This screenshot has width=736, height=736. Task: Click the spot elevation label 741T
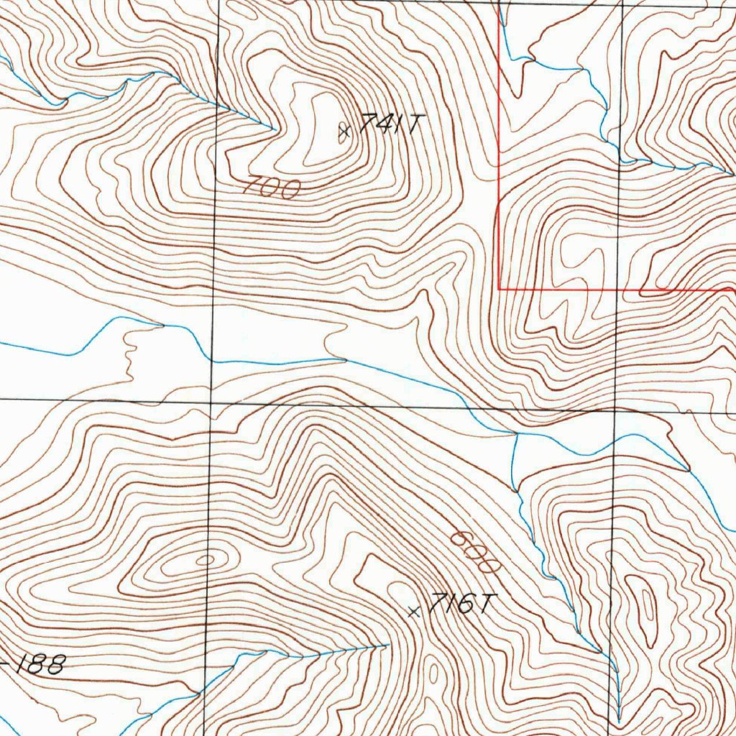(x=388, y=124)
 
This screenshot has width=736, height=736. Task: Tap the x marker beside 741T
(x=344, y=131)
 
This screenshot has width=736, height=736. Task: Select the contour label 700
(x=271, y=188)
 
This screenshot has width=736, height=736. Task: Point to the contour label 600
(x=474, y=552)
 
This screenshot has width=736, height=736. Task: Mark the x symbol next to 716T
(x=413, y=612)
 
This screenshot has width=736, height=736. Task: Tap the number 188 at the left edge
(x=40, y=664)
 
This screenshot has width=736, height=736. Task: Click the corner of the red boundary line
(x=499, y=289)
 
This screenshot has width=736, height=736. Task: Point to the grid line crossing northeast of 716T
(x=615, y=408)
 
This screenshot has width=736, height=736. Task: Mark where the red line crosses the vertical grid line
(x=617, y=290)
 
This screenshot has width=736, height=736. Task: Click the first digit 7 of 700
(x=252, y=187)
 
